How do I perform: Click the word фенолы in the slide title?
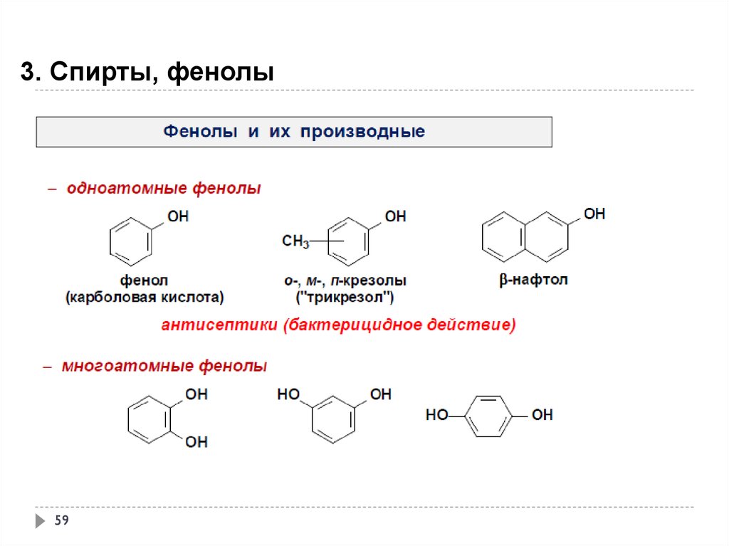pos(220,72)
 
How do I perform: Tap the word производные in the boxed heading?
pos(362,132)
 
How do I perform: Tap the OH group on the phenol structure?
pos(177,216)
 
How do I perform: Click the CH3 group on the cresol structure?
pos(295,242)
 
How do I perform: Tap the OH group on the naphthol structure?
pos(594,213)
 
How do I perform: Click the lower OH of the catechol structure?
pos(196,442)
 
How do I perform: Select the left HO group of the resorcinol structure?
pos(288,394)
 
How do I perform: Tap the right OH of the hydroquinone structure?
pos(542,414)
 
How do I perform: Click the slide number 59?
pos(61,521)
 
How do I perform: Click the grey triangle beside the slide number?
pos(40,521)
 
